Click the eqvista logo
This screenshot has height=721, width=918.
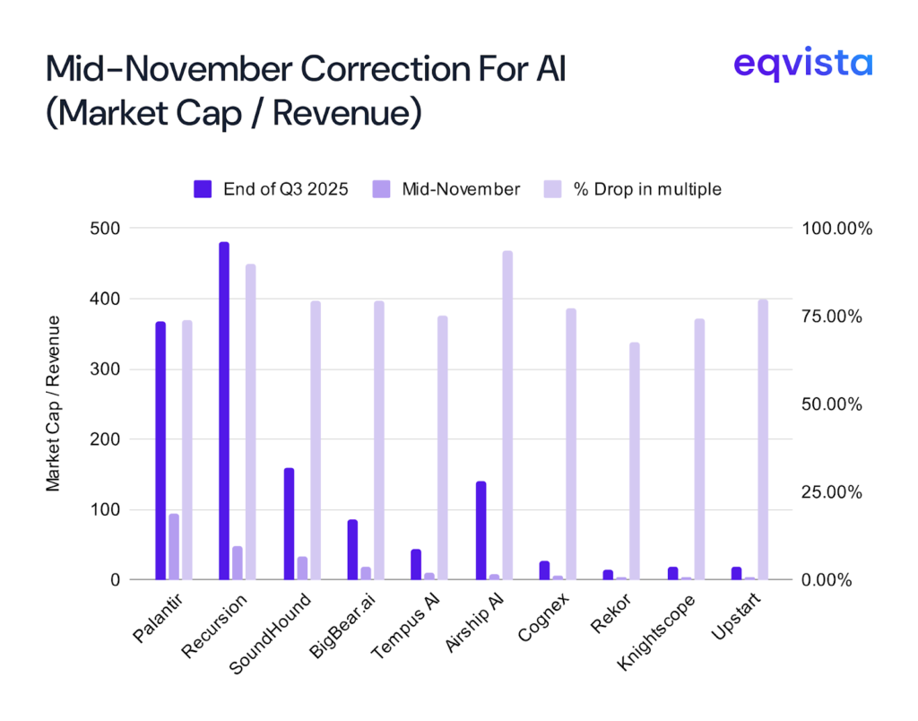click(x=801, y=65)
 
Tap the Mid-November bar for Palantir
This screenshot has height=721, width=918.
click(x=174, y=547)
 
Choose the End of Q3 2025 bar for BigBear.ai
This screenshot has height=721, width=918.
click(x=352, y=550)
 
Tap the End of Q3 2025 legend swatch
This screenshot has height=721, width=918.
click(x=203, y=189)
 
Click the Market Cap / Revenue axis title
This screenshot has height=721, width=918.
click(x=54, y=404)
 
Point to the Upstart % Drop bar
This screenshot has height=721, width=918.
click(x=763, y=439)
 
